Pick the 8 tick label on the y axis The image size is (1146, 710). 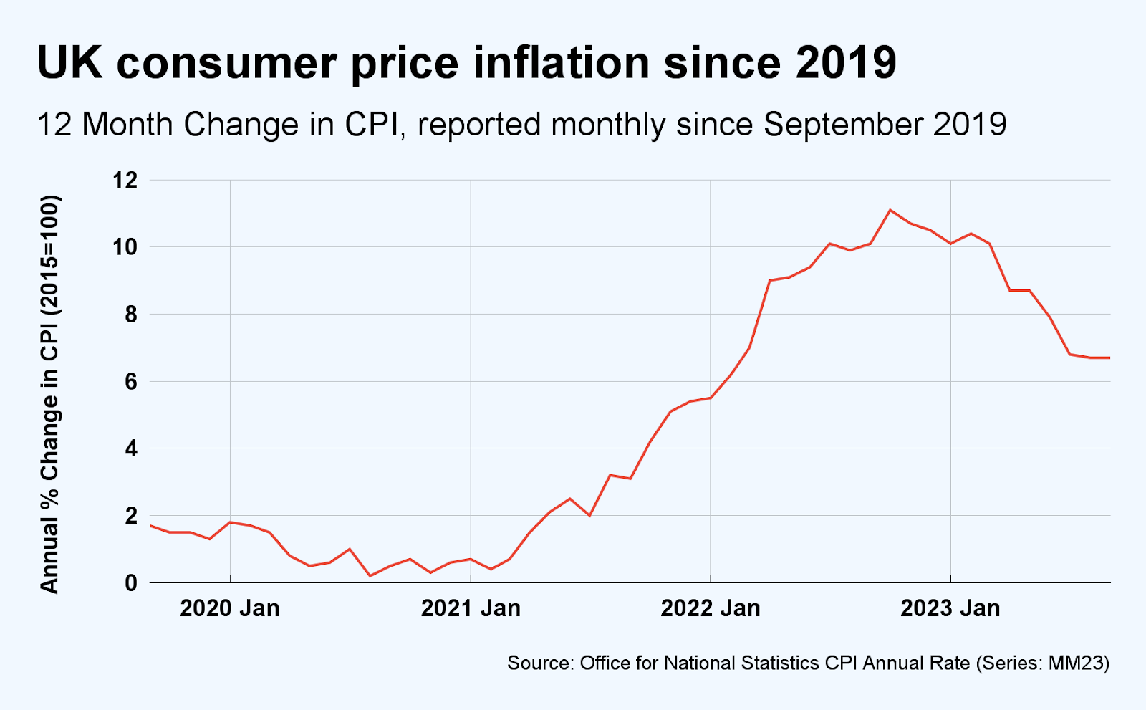pyautogui.click(x=130, y=315)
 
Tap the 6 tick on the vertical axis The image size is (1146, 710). pyautogui.click(x=130, y=381)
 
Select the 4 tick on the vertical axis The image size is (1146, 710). pyautogui.click(x=130, y=448)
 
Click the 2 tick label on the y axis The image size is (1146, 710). pyautogui.click(x=130, y=516)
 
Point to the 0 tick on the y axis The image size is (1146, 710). pyautogui.click(x=130, y=582)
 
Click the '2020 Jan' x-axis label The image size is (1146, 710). pyautogui.click(x=229, y=608)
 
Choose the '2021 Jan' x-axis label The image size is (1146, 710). pyautogui.click(x=471, y=608)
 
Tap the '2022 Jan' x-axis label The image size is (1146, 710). pyautogui.click(x=710, y=608)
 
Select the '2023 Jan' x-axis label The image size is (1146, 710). pyautogui.click(x=950, y=608)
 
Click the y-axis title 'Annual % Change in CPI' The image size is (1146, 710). pyautogui.click(x=49, y=394)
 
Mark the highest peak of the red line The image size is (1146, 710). pyautogui.click(x=890, y=210)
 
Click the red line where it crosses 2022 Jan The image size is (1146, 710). pyautogui.click(x=710, y=398)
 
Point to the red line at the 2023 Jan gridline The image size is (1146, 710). pyautogui.click(x=950, y=244)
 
